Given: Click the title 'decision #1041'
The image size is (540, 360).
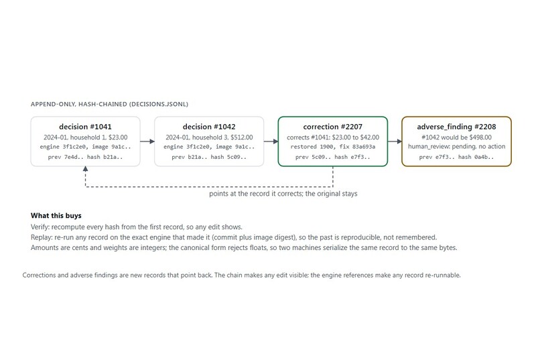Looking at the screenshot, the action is (85, 127).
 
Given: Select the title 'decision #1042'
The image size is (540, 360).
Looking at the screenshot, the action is (209, 127).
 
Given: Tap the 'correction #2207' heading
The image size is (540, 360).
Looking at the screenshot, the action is (333, 127).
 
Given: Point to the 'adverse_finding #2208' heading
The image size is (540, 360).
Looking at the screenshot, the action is (456, 127).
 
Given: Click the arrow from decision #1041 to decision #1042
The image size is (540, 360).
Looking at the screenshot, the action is (147, 141).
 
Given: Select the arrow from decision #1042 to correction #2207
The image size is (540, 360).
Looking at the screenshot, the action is (271, 141).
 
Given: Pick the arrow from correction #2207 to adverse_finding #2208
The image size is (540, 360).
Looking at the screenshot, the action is (395, 141).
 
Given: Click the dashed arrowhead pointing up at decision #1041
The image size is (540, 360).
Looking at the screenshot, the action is (85, 169).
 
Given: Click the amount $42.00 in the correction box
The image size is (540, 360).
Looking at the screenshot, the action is (370, 137).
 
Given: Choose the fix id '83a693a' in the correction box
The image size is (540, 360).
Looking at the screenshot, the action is (364, 147).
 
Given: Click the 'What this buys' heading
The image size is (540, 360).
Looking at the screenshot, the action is (56, 216).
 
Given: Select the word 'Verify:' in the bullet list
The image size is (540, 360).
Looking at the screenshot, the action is (40, 227).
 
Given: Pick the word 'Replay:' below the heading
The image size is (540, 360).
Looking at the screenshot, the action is (42, 237).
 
